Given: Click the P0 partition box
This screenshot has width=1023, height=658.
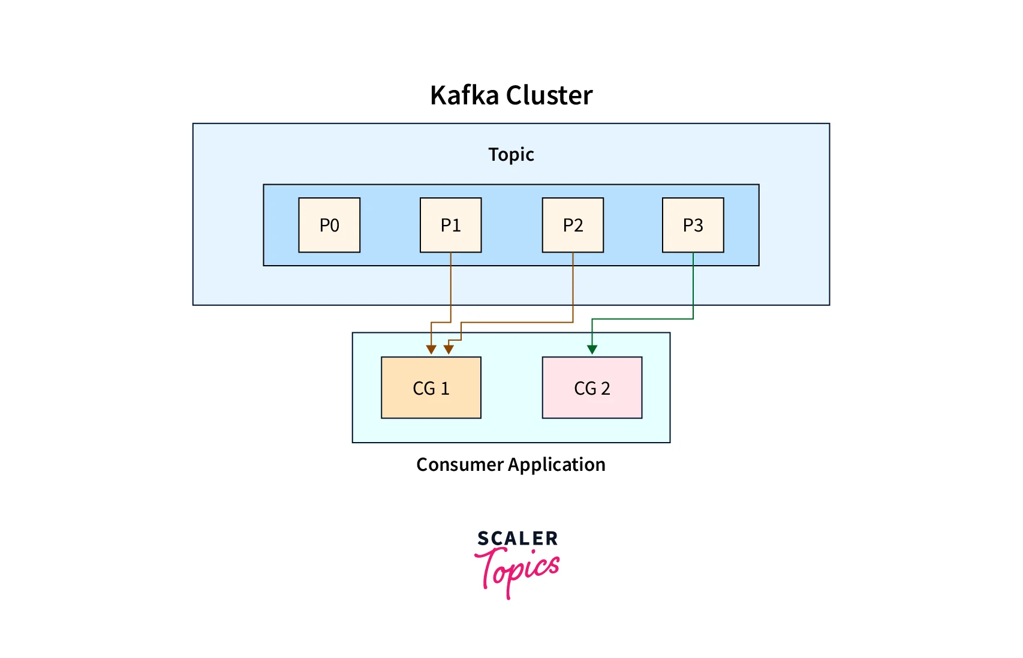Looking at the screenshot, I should [x=329, y=225].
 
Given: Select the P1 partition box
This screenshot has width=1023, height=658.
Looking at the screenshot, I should [x=450, y=225].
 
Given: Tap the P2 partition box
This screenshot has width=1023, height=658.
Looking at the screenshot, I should [x=573, y=225].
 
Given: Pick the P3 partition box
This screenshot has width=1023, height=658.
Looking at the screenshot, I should [x=693, y=225].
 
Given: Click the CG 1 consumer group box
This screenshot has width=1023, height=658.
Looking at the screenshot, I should [x=431, y=387].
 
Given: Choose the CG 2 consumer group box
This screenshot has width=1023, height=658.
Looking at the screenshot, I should [x=592, y=387].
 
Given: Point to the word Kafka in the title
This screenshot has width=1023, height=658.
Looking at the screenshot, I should [x=464, y=95].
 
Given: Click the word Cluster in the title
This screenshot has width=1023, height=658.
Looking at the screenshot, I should [x=549, y=95].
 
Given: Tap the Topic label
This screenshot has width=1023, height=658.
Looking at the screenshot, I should [x=511, y=154].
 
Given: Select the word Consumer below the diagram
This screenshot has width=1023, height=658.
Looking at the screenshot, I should [x=460, y=464].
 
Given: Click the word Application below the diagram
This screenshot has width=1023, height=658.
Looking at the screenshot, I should [x=557, y=464].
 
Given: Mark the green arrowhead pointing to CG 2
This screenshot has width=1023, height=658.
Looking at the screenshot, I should [x=592, y=350].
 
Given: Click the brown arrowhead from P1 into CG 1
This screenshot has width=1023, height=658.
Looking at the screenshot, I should [x=431, y=350].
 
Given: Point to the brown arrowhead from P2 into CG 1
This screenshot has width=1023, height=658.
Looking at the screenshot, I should [x=449, y=350].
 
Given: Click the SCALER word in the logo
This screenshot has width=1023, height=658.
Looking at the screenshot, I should [x=517, y=538].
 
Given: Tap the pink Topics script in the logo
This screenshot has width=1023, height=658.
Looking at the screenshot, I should [x=519, y=570].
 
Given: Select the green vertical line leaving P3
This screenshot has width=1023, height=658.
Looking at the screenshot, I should [x=693, y=285].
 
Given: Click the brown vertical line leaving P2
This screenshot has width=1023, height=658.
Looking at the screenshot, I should [x=573, y=288].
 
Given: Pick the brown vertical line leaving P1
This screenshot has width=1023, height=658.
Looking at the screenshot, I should [x=451, y=288].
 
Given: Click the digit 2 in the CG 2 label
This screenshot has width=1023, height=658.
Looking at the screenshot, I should [x=606, y=388].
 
